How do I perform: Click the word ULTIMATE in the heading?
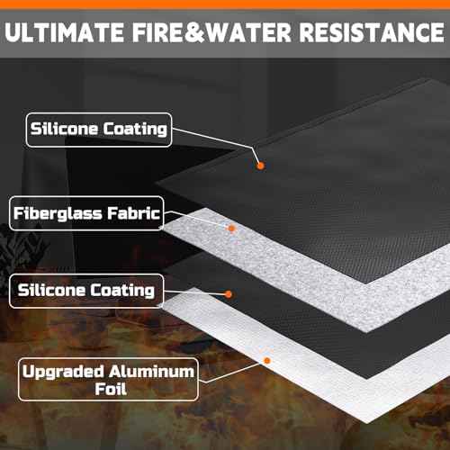click(64, 32)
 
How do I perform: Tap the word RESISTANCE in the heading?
click(372, 32)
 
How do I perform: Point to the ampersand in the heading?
click(195, 32)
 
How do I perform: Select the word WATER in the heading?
click(249, 32)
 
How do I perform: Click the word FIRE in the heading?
click(157, 32)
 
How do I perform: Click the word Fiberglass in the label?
click(58, 213)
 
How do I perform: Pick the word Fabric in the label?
click(134, 213)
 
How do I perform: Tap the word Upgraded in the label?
click(63, 373)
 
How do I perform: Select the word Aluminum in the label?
click(151, 372)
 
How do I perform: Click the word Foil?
click(111, 389)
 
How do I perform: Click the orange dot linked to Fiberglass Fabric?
click(231, 229)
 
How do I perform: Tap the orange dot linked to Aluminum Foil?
click(267, 360)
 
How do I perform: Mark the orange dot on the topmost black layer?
click(260, 166)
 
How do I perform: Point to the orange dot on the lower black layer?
click(229, 294)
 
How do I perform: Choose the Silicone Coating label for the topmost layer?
click(99, 130)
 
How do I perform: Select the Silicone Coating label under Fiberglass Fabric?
click(86, 291)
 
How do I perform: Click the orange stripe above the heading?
click(225, 4)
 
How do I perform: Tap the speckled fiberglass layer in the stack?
click(300, 270)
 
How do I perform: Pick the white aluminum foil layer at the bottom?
click(300, 360)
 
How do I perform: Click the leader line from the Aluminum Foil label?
click(232, 372)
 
